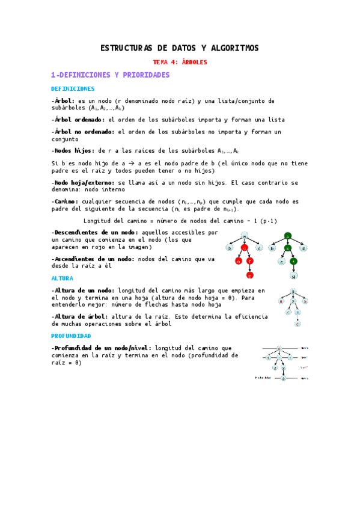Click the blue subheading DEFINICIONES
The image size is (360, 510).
(x=69, y=89)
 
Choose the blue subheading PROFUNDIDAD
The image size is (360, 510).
(x=71, y=336)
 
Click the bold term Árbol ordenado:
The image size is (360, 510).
(x=78, y=120)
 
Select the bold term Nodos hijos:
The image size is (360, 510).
(x=72, y=150)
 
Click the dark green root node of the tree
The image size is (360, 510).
(x=288, y=236)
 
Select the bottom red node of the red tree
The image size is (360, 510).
(x=249, y=275)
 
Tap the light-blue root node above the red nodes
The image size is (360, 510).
(x=244, y=236)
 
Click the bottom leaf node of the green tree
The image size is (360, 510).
(x=293, y=276)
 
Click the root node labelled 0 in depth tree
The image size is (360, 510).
(x=279, y=348)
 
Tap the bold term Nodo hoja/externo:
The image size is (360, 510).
(x=83, y=182)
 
